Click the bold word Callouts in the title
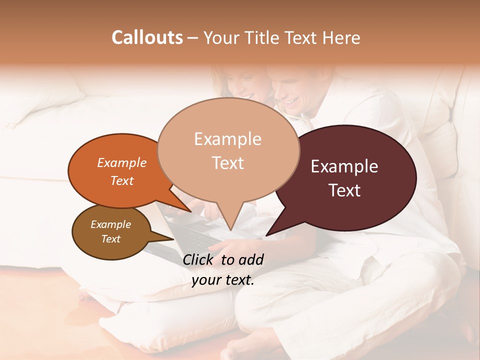click(x=147, y=37)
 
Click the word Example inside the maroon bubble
click(x=344, y=166)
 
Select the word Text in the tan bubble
click(x=228, y=163)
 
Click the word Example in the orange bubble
click(x=122, y=163)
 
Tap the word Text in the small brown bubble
click(x=111, y=239)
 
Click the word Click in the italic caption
click(x=199, y=259)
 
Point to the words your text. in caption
click(x=223, y=280)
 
